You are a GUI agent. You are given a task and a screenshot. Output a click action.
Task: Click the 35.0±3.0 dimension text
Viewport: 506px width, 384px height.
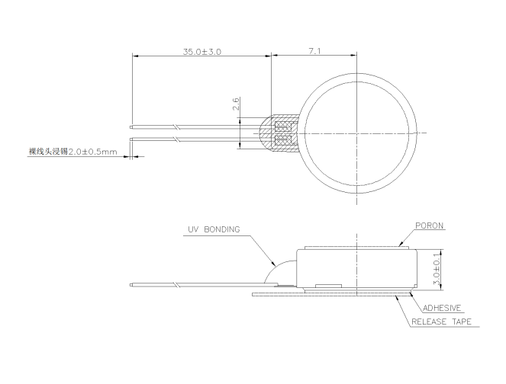point(202,52)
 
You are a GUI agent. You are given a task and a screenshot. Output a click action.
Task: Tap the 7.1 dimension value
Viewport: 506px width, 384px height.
point(314,51)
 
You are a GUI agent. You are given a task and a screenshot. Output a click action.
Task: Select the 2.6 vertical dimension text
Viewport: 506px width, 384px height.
point(236,104)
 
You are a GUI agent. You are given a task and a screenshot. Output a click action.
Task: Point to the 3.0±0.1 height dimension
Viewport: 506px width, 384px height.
point(437,269)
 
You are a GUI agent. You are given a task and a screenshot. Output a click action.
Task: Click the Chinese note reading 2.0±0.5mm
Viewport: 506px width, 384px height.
point(73,152)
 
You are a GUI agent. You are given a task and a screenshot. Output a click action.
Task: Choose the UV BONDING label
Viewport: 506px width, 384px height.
point(214,229)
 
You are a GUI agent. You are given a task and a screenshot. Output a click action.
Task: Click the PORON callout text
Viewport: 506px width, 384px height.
point(429,226)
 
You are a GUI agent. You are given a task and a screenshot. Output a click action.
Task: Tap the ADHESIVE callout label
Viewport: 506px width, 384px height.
point(442,308)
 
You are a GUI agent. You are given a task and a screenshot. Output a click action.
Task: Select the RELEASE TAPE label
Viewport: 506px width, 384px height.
point(441,322)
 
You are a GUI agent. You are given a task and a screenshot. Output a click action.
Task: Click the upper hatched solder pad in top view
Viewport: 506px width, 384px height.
point(284,126)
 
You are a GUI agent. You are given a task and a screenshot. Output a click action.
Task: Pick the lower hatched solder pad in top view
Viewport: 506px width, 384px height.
point(284,140)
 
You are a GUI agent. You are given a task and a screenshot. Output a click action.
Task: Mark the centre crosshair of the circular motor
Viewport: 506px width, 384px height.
point(356,133)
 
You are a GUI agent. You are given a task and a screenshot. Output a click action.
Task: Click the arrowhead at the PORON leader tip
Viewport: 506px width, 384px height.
point(401,244)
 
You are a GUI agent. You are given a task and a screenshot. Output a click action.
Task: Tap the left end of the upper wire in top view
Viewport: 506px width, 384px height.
point(131,127)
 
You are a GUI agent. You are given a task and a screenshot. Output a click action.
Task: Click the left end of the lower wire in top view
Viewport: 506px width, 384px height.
point(131,139)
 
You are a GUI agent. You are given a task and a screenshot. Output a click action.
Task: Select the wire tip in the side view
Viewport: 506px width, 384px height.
point(131,285)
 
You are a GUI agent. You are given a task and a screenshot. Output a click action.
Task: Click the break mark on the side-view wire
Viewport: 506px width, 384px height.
point(176,285)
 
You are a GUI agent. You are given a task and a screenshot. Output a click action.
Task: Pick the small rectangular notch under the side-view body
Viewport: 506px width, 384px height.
point(328,286)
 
